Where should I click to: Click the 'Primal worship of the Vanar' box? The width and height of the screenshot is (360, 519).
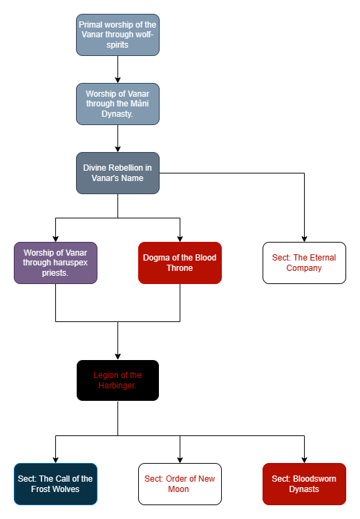click(117, 35)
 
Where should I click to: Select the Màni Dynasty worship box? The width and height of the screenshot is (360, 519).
click(117, 104)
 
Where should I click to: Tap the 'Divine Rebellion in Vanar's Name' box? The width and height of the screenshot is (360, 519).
click(117, 173)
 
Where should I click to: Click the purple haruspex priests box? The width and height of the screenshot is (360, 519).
click(55, 263)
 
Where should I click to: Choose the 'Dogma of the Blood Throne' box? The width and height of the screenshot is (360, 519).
click(180, 263)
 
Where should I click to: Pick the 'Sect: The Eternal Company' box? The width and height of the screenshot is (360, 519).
click(305, 263)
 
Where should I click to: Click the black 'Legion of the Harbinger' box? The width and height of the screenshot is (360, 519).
click(117, 380)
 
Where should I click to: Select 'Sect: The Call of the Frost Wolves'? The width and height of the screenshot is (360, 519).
click(55, 484)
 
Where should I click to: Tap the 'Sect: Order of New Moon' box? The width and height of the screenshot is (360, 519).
click(180, 484)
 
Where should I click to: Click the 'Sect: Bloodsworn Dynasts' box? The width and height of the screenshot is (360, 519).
click(305, 484)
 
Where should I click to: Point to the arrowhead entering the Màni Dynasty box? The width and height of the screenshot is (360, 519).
click(117, 80)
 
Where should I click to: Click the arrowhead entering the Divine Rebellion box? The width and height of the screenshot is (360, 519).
click(117, 149)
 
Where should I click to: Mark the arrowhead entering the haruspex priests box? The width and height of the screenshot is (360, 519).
click(55, 239)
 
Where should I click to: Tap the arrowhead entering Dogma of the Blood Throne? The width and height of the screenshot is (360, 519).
click(180, 239)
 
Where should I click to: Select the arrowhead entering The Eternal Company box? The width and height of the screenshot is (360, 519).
click(305, 239)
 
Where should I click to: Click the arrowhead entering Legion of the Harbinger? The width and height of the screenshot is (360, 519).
click(117, 357)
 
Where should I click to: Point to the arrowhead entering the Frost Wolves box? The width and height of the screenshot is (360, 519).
click(55, 460)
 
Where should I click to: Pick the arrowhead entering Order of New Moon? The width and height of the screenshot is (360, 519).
click(180, 460)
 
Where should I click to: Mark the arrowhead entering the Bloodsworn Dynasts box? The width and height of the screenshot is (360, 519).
click(305, 460)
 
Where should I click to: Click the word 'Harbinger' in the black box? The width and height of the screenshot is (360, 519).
click(117, 386)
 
